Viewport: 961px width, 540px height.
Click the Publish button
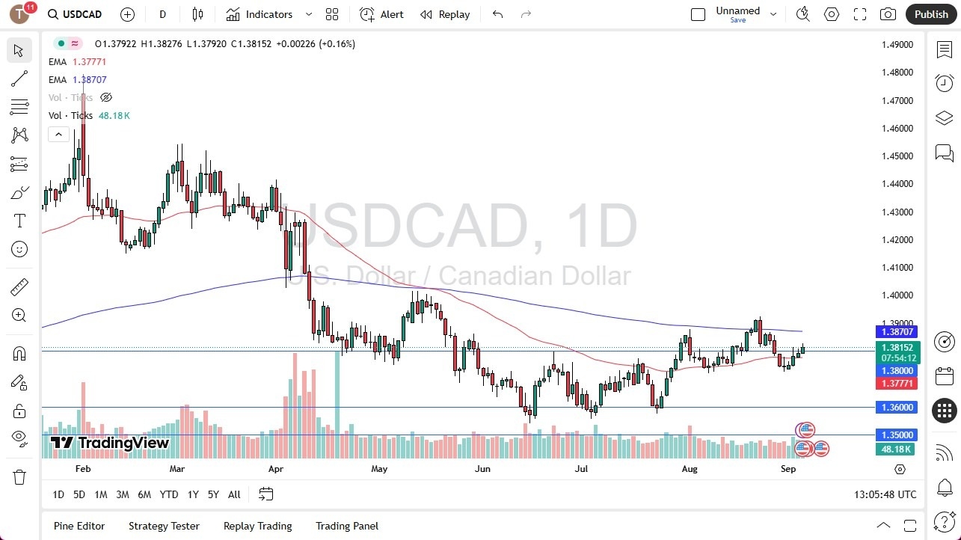(x=930, y=14)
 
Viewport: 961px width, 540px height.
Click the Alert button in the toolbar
(x=381, y=14)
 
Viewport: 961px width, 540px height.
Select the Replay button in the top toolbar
(x=445, y=14)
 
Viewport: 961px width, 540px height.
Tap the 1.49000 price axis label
(x=897, y=44)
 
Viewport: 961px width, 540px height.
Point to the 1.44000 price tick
(x=897, y=184)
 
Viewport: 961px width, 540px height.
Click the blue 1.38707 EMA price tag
(x=897, y=331)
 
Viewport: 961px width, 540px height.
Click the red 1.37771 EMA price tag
(x=897, y=384)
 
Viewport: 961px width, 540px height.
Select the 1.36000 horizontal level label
(x=897, y=408)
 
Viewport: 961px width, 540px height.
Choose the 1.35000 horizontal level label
(x=897, y=435)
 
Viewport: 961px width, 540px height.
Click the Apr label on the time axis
(x=276, y=469)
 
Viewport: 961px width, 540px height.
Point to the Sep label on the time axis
(x=787, y=469)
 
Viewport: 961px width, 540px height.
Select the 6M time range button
(x=144, y=494)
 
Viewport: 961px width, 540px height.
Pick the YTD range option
(x=169, y=494)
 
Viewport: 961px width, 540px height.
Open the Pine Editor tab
(x=79, y=526)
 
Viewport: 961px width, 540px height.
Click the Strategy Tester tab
(x=164, y=526)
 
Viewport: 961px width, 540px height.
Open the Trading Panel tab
(x=347, y=526)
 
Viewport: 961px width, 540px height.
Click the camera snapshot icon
(x=888, y=14)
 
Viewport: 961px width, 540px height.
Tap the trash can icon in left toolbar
(x=19, y=477)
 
